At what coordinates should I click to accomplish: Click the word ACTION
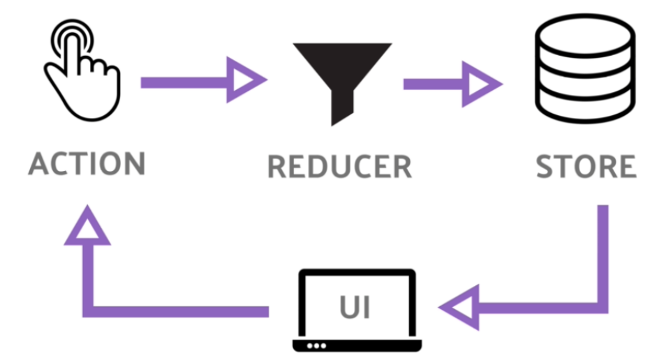click(x=87, y=163)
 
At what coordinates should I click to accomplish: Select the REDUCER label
click(x=339, y=167)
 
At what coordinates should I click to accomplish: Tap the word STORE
click(x=586, y=167)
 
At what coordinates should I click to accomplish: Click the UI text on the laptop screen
click(x=356, y=306)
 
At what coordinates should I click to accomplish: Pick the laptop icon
click(x=357, y=310)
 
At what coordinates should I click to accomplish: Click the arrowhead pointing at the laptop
click(x=461, y=307)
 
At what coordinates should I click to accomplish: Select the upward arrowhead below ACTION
click(x=87, y=226)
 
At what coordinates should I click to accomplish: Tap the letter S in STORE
click(x=547, y=167)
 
